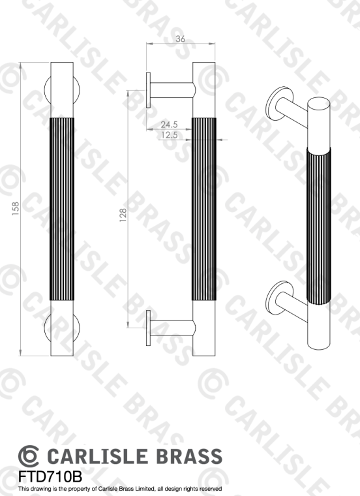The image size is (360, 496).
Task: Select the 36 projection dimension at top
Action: pyautogui.click(x=181, y=39)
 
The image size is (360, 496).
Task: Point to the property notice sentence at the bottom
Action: pyautogui.click(x=121, y=488)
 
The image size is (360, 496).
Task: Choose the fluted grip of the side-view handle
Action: pyautogui.click(x=203, y=209)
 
